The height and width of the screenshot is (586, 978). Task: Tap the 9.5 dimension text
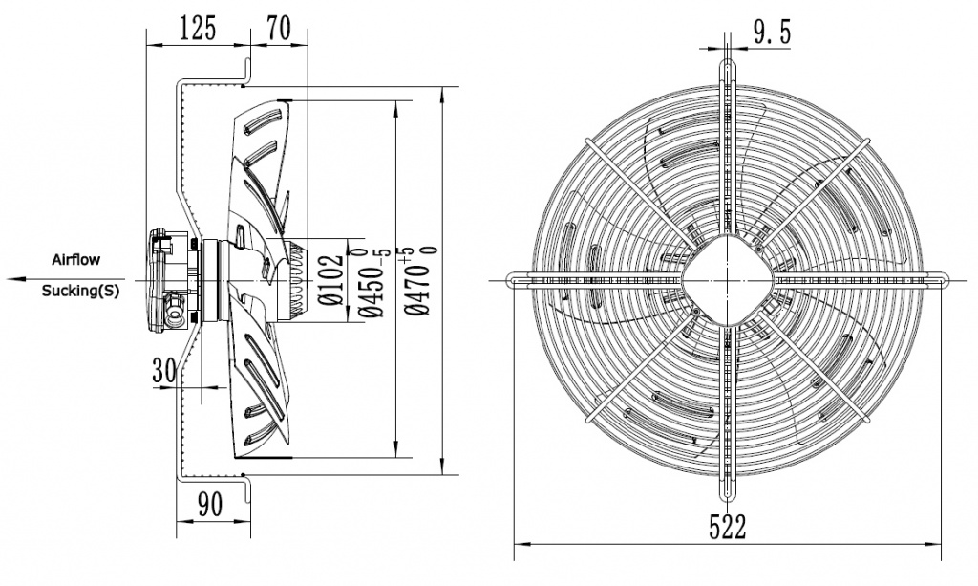pyautogui.click(x=771, y=34)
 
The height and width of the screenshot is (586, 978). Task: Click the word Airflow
pyautogui.click(x=75, y=259)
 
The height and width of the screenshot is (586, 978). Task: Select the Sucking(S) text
pyautogui.click(x=81, y=292)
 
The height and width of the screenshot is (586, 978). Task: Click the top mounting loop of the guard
pyautogui.click(x=728, y=70)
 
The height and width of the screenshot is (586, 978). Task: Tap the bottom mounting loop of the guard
pyautogui.click(x=728, y=489)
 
